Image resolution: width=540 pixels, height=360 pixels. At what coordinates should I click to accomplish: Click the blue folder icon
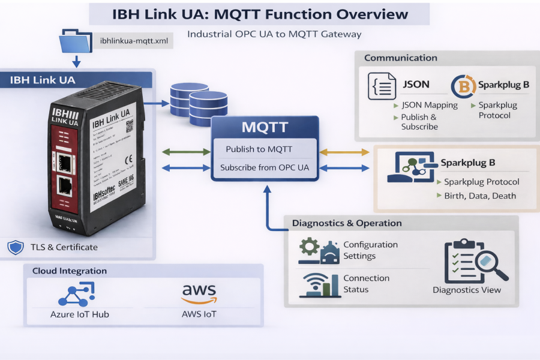(x=76, y=40)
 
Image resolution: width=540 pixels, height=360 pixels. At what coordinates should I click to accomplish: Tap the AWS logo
(x=199, y=293)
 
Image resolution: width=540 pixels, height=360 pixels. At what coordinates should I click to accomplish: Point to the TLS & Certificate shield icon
(x=15, y=247)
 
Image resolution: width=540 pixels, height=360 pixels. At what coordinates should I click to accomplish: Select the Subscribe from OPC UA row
(x=265, y=167)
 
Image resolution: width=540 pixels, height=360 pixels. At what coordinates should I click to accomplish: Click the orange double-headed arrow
(x=345, y=152)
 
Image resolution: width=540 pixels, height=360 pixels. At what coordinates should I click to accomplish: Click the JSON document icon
(x=382, y=86)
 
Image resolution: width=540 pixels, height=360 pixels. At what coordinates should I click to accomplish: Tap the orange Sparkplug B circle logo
(x=463, y=86)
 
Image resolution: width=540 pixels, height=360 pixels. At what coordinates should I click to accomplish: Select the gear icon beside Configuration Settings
(x=310, y=247)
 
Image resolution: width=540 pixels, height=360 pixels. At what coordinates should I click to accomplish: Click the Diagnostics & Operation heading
(x=347, y=223)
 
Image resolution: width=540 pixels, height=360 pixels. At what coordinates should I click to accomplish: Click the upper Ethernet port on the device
(x=64, y=161)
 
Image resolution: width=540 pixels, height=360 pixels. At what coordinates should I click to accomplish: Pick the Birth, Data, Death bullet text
(x=480, y=196)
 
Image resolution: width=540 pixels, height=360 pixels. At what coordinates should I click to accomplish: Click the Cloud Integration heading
(x=70, y=271)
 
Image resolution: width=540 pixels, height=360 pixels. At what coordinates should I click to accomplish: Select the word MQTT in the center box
(x=265, y=127)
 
